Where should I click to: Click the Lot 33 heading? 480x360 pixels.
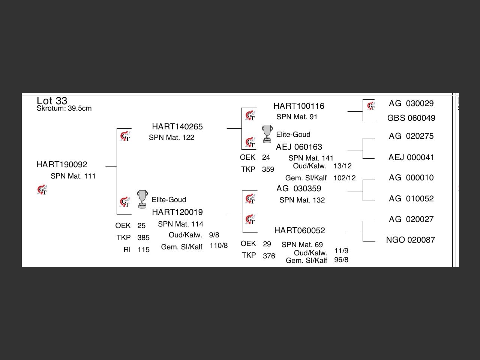tap(52, 101)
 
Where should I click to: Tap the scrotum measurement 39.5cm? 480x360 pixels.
tap(79, 108)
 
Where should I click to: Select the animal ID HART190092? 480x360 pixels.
tap(61, 164)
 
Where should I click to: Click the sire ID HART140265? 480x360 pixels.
tap(177, 126)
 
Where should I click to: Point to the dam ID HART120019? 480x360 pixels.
tap(177, 212)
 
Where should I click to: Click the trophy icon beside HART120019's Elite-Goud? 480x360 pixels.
tap(142, 199)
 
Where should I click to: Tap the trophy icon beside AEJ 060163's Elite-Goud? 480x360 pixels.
tap(267, 134)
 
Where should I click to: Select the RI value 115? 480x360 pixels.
tap(144, 249)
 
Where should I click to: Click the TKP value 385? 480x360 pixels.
tap(144, 237)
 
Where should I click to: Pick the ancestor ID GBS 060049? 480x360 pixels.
tap(411, 118)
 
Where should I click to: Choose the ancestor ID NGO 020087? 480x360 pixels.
tap(410, 240)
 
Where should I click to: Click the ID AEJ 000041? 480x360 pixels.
tap(411, 157)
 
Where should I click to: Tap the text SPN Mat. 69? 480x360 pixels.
tap(302, 244)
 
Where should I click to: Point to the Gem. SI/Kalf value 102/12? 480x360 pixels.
tap(345, 178)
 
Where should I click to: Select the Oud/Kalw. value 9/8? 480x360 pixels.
tap(214, 235)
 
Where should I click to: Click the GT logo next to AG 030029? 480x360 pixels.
tap(371, 106)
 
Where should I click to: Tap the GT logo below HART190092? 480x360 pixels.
tap(42, 189)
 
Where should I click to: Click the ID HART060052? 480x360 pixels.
tap(300, 230)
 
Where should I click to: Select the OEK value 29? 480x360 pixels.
tap(267, 244)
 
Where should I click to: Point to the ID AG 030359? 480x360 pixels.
tap(299, 188)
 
